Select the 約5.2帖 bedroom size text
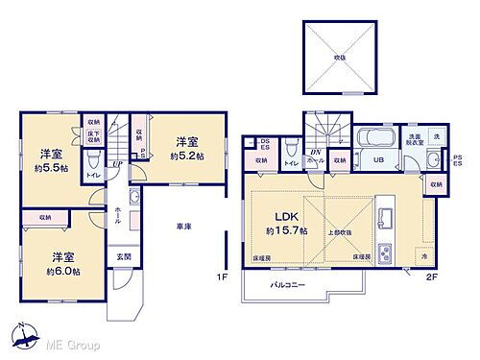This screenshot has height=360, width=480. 187,156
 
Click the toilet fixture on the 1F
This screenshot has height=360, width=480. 93,159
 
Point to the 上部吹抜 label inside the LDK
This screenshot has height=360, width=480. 336,231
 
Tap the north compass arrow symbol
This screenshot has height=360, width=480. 20,336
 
